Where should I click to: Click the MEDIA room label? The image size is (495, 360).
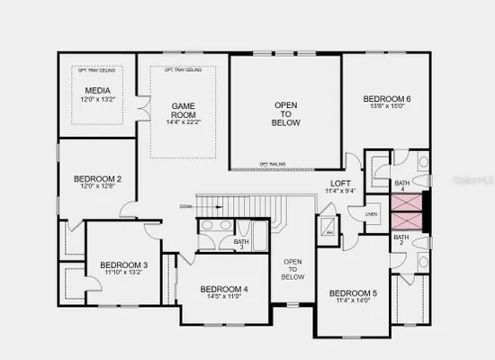click(97, 91)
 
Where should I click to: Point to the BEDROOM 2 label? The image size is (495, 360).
click(97, 179)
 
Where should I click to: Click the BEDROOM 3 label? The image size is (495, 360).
click(124, 264)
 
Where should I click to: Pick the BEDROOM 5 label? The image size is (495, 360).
click(353, 293)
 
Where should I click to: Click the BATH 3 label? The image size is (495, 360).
click(241, 241)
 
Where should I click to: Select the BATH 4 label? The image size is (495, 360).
click(401, 184)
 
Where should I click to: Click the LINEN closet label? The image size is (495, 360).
click(370, 213)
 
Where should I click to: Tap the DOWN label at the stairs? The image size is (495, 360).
click(185, 206)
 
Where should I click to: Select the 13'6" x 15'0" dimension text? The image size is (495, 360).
click(388, 108)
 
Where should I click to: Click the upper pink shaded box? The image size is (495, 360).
click(407, 204)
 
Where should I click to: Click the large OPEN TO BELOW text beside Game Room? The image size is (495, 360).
click(285, 114)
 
